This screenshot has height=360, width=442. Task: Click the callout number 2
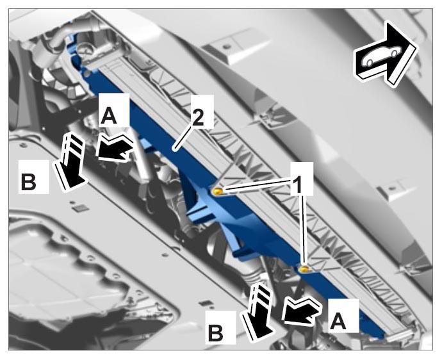pyautogui.click(x=199, y=117)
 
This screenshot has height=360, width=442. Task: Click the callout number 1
pyautogui.click(x=298, y=184)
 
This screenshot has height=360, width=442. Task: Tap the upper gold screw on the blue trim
pyautogui.click(x=218, y=192)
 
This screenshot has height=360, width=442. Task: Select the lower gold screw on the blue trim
pyautogui.click(x=303, y=269)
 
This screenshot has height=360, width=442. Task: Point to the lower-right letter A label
pyautogui.click(x=338, y=322)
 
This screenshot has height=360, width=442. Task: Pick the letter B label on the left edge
pyautogui.click(x=28, y=182)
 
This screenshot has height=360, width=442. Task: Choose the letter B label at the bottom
pyautogui.click(x=216, y=333)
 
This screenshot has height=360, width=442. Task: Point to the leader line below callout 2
pyautogui.click(x=183, y=136)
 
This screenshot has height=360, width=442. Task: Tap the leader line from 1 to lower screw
pyautogui.click(x=304, y=230)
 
